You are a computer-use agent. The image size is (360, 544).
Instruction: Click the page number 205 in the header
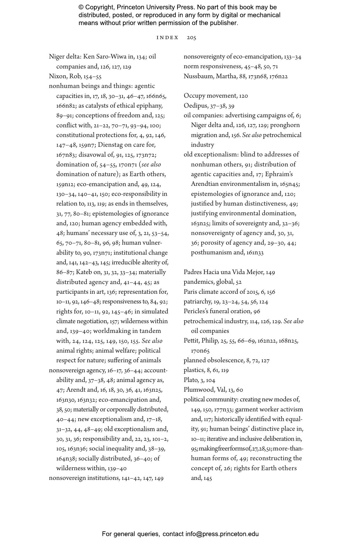pyautogui.click(x=191, y=38)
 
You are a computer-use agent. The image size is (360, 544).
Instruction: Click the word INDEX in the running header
pyautogui.click(x=168, y=38)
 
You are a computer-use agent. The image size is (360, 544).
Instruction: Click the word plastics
pyautogui.click(x=194, y=370)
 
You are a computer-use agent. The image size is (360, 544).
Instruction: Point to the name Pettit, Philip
pyautogui.click(x=201, y=341)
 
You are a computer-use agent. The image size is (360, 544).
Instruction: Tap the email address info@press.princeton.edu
pyautogui.click(x=222, y=534)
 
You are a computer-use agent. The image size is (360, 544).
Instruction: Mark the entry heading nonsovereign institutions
pyautogui.click(x=84, y=478)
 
